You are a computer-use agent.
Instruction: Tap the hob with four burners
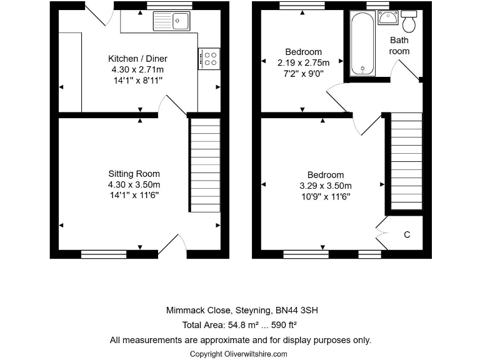(x=209, y=59)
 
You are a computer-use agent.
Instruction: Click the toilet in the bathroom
(x=410, y=22)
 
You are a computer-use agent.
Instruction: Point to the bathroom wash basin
(x=388, y=18)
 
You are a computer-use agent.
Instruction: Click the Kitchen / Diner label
(x=137, y=59)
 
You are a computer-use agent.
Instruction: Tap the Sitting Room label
(x=134, y=174)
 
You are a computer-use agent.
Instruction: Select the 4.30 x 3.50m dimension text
(x=134, y=185)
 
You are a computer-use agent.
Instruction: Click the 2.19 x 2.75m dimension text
(x=304, y=62)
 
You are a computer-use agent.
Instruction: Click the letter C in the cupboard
(x=407, y=235)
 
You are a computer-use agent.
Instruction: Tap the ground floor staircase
(x=205, y=165)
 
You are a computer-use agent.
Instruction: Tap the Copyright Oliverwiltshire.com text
(x=239, y=354)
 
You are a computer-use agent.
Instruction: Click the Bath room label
(x=399, y=46)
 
